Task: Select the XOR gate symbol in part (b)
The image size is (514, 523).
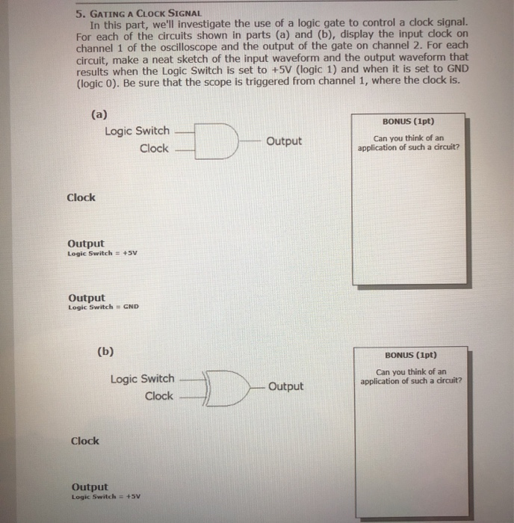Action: pyautogui.click(x=226, y=387)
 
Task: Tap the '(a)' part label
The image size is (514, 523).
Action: pyautogui.click(x=98, y=114)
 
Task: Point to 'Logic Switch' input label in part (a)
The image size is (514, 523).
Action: pyautogui.click(x=137, y=131)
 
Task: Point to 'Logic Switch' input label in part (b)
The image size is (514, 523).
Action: pyautogui.click(x=142, y=379)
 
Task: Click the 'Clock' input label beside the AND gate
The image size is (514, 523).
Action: pyautogui.click(x=154, y=148)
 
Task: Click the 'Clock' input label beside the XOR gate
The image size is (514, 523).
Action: pyautogui.click(x=158, y=396)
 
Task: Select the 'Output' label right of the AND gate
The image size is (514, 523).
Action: pyautogui.click(x=284, y=140)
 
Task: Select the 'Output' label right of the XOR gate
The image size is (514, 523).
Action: pyautogui.click(x=285, y=386)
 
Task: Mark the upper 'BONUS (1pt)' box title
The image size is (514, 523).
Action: pyautogui.click(x=409, y=121)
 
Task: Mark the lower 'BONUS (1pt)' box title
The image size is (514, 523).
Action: pyautogui.click(x=411, y=356)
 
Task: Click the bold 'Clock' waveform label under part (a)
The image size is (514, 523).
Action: pyautogui.click(x=81, y=197)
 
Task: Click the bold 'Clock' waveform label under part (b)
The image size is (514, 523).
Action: pyautogui.click(x=84, y=441)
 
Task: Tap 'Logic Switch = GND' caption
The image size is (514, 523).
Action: pyautogui.click(x=103, y=307)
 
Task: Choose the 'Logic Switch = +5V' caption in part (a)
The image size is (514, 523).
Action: pyautogui.click(x=102, y=253)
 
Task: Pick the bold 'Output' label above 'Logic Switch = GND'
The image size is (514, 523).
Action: pyautogui.click(x=87, y=297)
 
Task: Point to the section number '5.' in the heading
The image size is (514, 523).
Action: pyautogui.click(x=79, y=13)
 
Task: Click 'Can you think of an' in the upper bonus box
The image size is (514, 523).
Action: pyautogui.click(x=409, y=137)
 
